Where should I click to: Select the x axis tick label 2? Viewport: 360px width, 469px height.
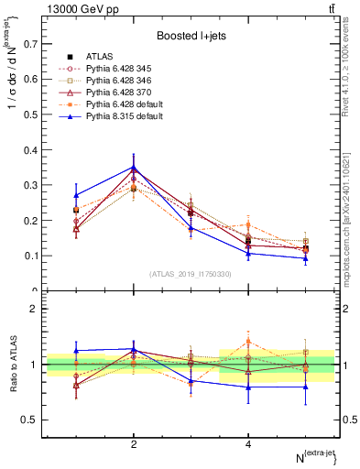(134, 444)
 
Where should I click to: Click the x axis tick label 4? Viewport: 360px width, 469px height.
(248, 444)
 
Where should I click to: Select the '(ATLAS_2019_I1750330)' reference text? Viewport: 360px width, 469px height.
(190, 274)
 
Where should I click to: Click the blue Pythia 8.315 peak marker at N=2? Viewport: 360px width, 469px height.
(134, 167)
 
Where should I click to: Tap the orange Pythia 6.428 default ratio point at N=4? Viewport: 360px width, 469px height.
(248, 341)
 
